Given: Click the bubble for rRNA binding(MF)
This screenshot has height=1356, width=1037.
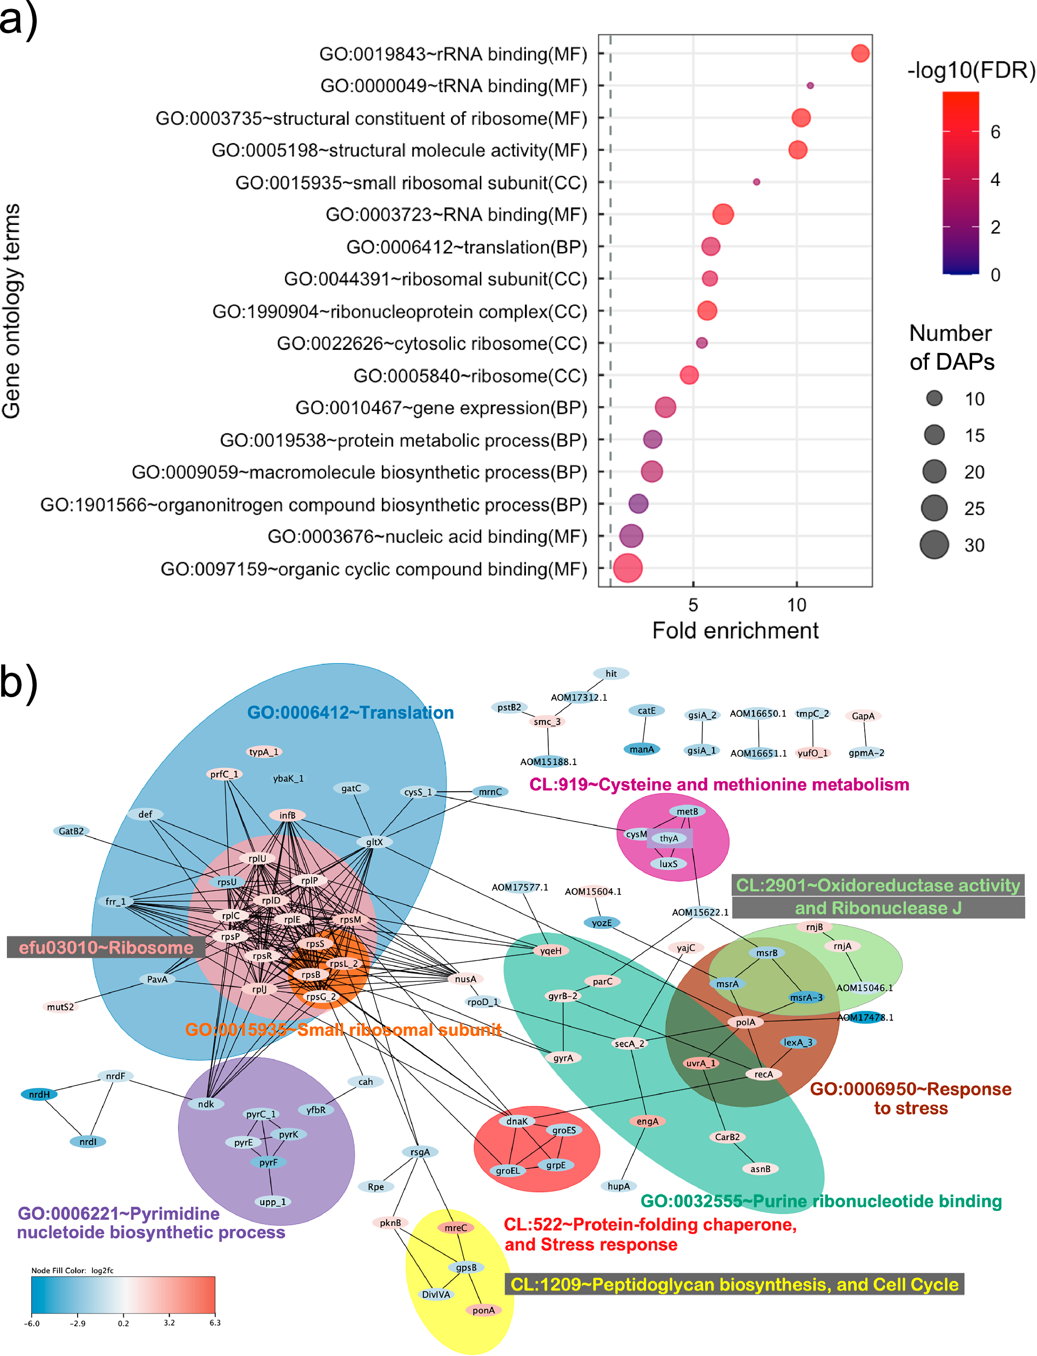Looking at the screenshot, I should pyautogui.click(x=860, y=54).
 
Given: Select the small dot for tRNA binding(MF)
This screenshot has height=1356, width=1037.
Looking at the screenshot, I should pyautogui.click(x=810, y=86).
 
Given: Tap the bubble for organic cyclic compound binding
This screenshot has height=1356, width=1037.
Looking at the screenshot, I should pyautogui.click(x=628, y=568).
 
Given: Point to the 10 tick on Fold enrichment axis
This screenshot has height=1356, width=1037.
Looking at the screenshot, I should pyautogui.click(x=796, y=604).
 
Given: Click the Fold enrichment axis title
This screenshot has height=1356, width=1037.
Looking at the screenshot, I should pyautogui.click(x=734, y=631).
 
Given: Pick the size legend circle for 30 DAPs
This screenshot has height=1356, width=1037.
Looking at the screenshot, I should pyautogui.click(x=934, y=545).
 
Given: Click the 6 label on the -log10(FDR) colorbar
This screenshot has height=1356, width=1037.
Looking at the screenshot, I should pyautogui.click(x=995, y=132).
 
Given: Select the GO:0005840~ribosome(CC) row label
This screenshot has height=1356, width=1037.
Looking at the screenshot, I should pyautogui.click(x=470, y=376).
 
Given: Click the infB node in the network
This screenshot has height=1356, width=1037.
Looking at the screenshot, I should pyautogui.click(x=287, y=815).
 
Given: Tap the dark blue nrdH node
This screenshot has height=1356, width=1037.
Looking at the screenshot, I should pyautogui.click(x=39, y=1094).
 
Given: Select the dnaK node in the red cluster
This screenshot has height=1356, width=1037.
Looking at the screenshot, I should pyautogui.click(x=517, y=1121).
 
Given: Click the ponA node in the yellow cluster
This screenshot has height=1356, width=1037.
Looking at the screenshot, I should pyautogui.click(x=483, y=1310).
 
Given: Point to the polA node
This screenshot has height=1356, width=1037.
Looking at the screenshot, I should pyautogui.click(x=745, y=1022).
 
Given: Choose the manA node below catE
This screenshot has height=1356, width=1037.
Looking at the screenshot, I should pyautogui.click(x=641, y=749).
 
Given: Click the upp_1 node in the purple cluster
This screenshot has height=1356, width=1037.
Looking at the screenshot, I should pyautogui.click(x=272, y=1202).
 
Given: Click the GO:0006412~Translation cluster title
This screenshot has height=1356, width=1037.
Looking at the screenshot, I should pyautogui.click(x=350, y=713).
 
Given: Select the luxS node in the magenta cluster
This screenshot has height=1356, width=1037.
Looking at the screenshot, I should pyautogui.click(x=668, y=864).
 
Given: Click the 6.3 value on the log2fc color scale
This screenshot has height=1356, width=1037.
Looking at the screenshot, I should pyautogui.click(x=215, y=1322).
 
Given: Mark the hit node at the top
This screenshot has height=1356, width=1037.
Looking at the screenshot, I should pyautogui.click(x=611, y=673).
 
